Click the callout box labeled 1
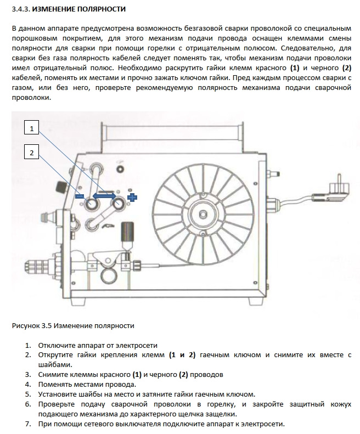pyautogui.click(x=32, y=129)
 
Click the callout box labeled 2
pyautogui.click(x=32, y=153)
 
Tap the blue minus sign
pyautogui.click(x=80, y=196)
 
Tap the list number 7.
pyautogui.click(x=28, y=424)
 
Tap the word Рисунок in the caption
pyautogui.click(x=25, y=325)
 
